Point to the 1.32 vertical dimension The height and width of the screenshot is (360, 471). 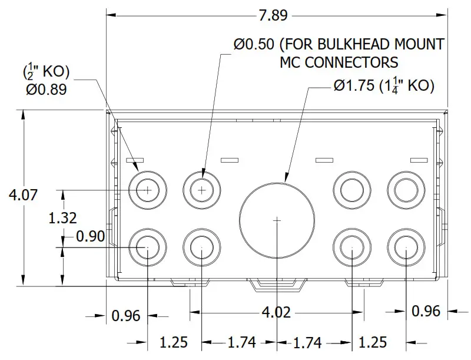[62, 217]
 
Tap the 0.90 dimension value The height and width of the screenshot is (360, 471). [91, 237]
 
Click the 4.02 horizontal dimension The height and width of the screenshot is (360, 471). [276, 312]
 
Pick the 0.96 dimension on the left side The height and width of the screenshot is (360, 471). [126, 316]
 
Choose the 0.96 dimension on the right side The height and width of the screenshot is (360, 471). [426, 311]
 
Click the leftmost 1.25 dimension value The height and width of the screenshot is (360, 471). [174, 342]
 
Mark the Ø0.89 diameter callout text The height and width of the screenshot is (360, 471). [46, 90]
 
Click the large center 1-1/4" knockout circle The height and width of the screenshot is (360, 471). [277, 219]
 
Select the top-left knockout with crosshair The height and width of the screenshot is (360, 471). [147, 190]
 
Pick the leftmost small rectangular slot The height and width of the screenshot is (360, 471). [135, 160]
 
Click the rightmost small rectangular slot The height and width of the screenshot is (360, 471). [418, 160]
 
